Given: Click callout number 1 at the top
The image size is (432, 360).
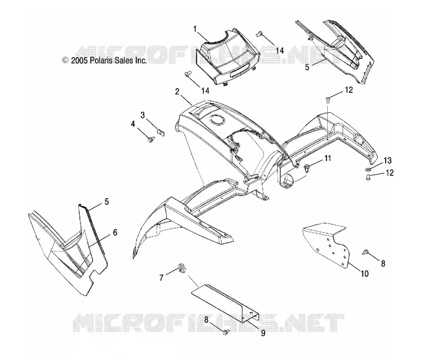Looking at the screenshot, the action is coord(195,29).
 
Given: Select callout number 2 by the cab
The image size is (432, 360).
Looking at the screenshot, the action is coord(177,91).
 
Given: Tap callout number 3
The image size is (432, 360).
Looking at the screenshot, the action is coord(143,115).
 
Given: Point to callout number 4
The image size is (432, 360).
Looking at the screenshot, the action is coord(133,124).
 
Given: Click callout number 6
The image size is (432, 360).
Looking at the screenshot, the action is coord(115,233).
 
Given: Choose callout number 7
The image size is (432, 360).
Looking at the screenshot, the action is coord(161,277).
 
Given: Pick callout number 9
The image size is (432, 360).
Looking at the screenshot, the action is coord(263,333).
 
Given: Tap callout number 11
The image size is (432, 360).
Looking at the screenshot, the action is coord(327,158).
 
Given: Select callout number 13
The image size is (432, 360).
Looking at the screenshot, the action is coord(387,160).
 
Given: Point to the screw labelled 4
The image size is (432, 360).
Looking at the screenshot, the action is coord(151,140).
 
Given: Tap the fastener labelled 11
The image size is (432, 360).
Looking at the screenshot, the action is coord(306,167).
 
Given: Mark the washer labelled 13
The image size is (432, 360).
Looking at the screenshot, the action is coord(368,169).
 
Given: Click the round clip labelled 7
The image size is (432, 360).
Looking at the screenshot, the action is coord(182,267).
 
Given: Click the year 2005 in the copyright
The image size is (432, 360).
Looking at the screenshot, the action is coord(79,60).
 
